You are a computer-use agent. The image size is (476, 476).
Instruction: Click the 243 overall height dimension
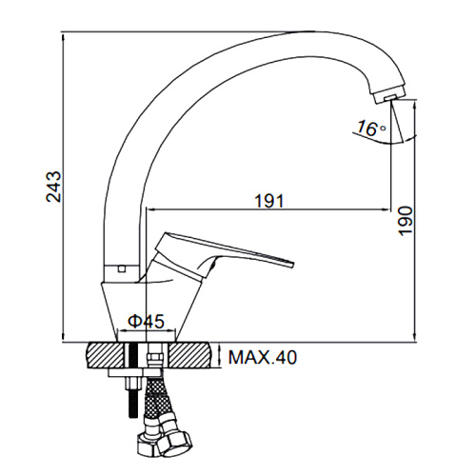[x=53, y=187]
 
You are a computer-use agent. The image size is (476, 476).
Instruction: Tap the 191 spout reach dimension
[x=269, y=201]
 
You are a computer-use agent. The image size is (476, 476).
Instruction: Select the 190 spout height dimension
[x=406, y=221]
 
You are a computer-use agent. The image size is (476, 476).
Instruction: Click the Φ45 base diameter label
[x=147, y=321]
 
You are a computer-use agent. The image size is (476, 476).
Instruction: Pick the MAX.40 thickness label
[x=263, y=358]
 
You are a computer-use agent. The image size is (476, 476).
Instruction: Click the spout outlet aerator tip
[x=390, y=96]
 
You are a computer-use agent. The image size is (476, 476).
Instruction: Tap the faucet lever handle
[x=222, y=255]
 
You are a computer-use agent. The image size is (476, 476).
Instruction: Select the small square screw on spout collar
[x=121, y=269]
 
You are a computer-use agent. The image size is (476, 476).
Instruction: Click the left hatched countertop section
[x=106, y=355]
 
